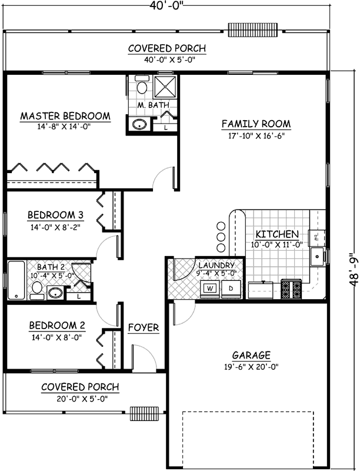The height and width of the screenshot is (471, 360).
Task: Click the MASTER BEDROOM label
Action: coord(65,116)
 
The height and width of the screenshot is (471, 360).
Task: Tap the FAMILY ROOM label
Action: coord(256,124)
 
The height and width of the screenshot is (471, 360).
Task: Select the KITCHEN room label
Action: coord(276,234)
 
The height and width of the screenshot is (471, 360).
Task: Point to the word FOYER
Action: coord(144,327)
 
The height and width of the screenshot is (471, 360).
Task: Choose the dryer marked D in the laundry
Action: coord(231,288)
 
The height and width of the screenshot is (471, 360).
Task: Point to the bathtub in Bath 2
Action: coord(16,280)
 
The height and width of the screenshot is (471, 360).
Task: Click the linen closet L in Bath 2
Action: coord(78,296)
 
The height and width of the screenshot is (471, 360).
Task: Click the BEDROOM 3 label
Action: coord(51,215)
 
